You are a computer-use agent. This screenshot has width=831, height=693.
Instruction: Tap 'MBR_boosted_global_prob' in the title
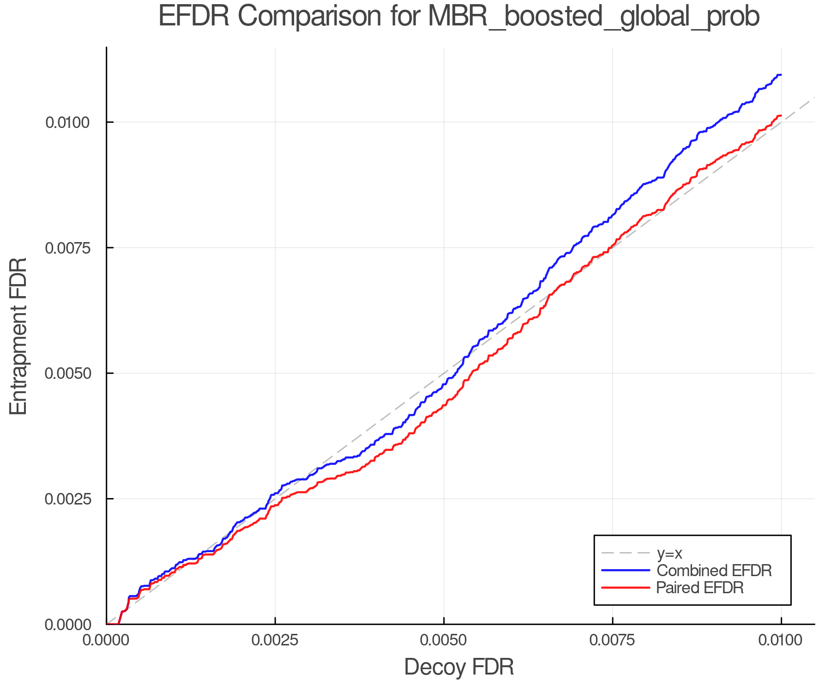click(594, 17)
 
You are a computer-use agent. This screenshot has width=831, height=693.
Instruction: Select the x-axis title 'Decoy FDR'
click(459, 667)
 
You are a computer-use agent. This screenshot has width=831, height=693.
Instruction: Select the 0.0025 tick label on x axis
click(275, 640)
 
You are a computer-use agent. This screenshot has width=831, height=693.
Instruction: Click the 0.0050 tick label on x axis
click(444, 640)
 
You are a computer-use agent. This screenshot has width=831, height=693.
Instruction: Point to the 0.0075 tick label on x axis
click(613, 640)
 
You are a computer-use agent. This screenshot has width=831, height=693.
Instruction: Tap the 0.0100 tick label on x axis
click(781, 640)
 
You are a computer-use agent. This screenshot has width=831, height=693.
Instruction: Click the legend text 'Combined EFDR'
click(714, 571)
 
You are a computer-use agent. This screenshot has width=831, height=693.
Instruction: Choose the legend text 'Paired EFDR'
click(700, 588)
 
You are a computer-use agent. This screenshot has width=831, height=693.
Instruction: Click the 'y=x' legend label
click(669, 553)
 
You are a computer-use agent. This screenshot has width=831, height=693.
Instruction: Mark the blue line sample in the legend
click(626, 571)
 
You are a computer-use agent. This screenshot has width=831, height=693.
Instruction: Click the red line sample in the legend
click(626, 588)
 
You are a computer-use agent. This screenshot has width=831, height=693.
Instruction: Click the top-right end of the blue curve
click(781, 74)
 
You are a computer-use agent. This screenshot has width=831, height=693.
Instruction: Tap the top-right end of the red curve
click(781, 115)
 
